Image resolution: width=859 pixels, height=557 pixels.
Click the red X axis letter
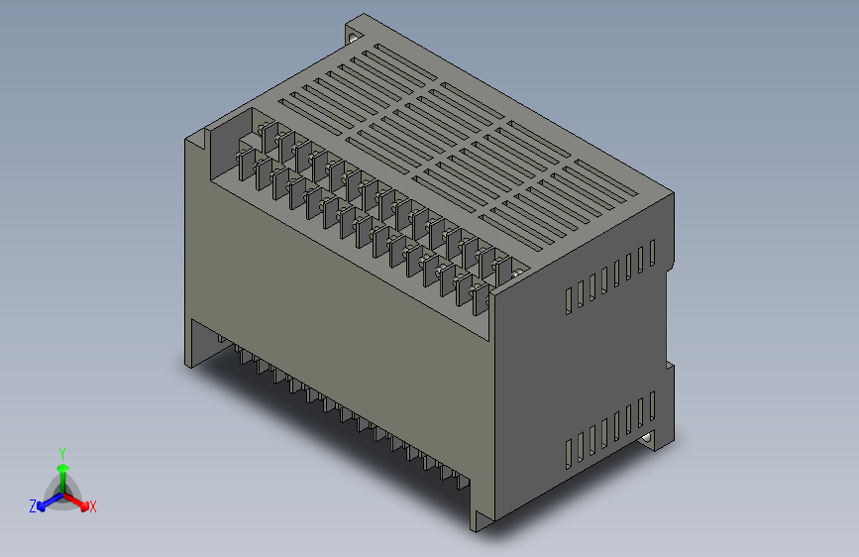pos(93,506)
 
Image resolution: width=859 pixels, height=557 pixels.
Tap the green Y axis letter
pos(61,451)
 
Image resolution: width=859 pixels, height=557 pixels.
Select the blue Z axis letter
pos(33,505)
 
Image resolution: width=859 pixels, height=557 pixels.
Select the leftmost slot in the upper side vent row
pos(569,300)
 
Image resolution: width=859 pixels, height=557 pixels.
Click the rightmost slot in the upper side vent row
pos(653,254)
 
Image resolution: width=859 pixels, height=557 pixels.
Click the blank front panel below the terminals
pos(337,297)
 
